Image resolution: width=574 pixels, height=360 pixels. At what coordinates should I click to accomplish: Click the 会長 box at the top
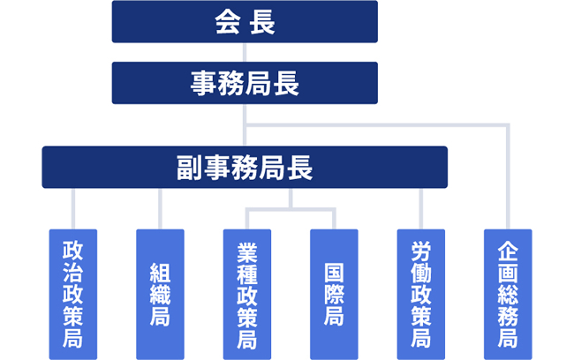pos(245,21)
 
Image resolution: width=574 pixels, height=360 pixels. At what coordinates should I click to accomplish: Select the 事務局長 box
pos(245,83)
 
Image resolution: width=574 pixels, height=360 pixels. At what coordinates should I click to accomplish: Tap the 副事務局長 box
pos(245,167)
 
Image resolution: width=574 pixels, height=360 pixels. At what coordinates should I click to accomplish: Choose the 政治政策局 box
pos(73,294)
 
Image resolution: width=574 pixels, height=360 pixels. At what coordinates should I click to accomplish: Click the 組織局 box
pos(160,294)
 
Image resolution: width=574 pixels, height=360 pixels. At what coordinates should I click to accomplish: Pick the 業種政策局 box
pos(246,294)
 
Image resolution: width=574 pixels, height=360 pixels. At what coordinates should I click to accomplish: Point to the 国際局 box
pos(334,294)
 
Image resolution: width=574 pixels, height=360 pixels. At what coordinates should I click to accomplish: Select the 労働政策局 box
pos(420,294)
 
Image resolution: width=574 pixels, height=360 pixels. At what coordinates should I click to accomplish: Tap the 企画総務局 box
pos(507,294)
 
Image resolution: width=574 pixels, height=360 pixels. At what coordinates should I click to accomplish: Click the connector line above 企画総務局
pos(507,176)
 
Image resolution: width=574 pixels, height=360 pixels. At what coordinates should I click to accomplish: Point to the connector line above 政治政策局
pos(73,208)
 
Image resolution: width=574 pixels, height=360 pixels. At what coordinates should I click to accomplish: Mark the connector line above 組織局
pos(160,208)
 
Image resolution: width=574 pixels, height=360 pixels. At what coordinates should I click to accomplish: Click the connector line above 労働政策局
pos(420,208)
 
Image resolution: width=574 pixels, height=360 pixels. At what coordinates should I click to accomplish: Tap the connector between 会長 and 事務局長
pos(245,52)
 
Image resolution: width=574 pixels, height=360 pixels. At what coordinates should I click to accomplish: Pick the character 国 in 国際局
pos(334,272)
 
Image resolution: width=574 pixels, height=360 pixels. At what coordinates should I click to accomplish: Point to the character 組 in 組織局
pos(160,272)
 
